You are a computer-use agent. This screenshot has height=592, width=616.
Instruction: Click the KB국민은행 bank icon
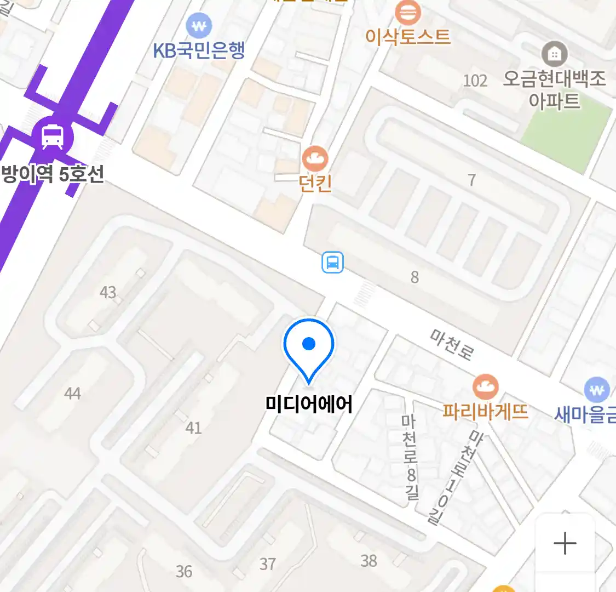[199, 25]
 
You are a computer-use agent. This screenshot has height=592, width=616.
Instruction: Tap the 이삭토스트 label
[408, 37]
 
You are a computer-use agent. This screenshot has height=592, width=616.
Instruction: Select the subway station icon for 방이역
[52, 136]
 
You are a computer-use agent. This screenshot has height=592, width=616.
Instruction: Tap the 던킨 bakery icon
[315, 160]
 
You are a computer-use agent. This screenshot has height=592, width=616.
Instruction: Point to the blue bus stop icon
[332, 263]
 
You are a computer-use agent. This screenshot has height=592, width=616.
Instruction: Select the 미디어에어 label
[309, 405]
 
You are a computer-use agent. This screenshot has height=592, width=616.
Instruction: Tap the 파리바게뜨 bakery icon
[485, 387]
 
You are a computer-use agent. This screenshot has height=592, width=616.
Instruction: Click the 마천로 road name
[452, 344]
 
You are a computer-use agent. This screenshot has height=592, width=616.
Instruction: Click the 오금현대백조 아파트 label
[554, 90]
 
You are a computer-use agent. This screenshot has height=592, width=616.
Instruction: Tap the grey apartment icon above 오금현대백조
[554, 54]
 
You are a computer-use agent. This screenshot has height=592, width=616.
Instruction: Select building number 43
[108, 292]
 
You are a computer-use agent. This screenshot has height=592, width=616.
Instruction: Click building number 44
[72, 393]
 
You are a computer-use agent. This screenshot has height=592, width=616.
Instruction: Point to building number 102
[475, 81]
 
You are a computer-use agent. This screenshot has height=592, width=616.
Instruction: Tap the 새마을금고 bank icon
[597, 390]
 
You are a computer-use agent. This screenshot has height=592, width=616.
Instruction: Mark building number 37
[267, 563]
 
